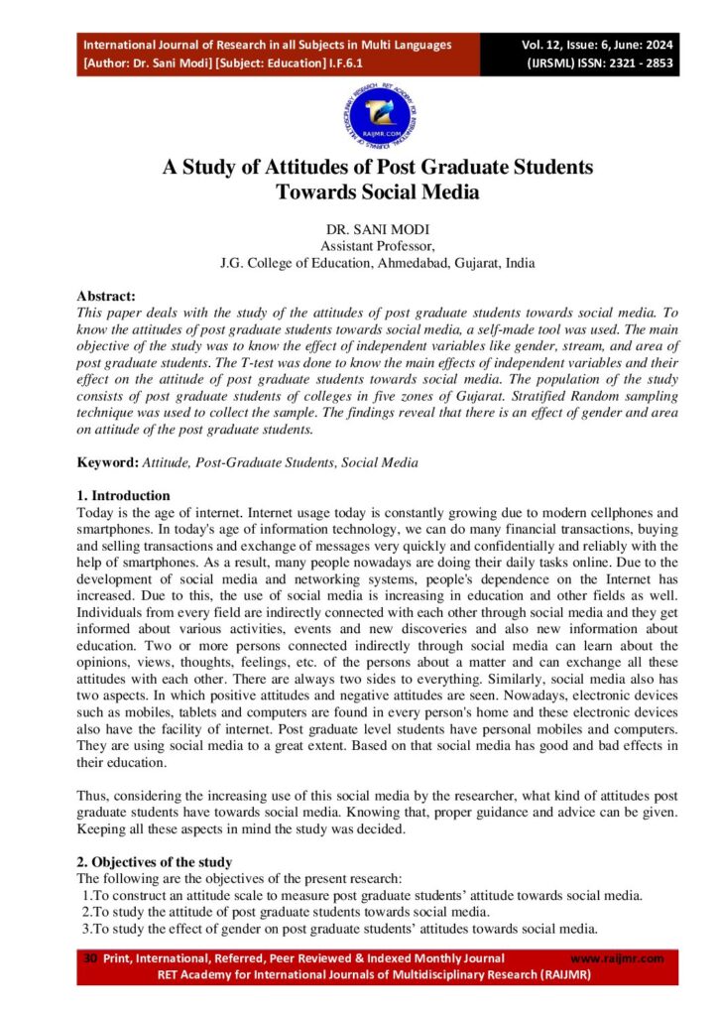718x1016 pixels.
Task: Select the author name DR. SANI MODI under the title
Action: click(x=358, y=229)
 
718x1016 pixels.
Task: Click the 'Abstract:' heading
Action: click(x=106, y=295)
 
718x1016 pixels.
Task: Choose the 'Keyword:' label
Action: click(x=108, y=462)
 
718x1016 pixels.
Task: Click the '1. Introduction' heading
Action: click(x=124, y=495)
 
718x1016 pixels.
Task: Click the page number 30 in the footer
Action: click(x=90, y=957)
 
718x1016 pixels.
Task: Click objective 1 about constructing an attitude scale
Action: click(x=362, y=895)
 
